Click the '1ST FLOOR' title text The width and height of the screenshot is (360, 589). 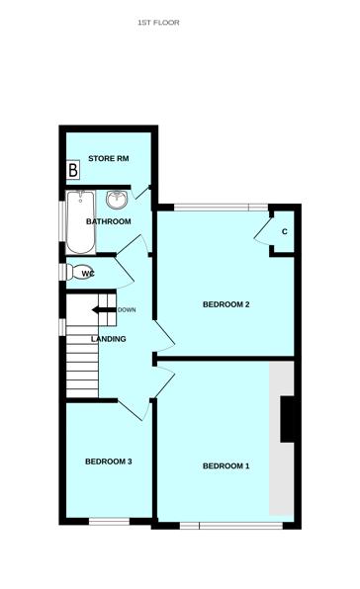(x=158, y=23)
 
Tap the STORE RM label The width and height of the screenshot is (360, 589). (x=109, y=158)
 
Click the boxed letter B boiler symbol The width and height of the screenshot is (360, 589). (x=73, y=170)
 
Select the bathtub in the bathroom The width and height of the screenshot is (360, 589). (x=80, y=222)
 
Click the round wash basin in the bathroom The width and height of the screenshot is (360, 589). (x=118, y=200)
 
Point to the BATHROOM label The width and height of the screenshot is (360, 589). (x=109, y=221)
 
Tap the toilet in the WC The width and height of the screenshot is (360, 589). (x=78, y=272)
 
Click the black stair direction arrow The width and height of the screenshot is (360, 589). (x=104, y=310)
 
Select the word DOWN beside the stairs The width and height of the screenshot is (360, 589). (x=127, y=310)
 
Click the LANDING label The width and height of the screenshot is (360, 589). (x=109, y=339)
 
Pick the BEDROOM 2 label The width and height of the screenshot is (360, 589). (x=226, y=304)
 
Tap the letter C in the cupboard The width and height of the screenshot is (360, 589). (x=285, y=232)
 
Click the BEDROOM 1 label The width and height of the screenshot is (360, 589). (x=225, y=466)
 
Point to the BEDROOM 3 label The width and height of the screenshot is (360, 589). (x=109, y=462)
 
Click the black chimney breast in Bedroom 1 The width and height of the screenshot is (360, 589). (x=288, y=419)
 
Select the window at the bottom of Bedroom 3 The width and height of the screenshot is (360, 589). (x=109, y=522)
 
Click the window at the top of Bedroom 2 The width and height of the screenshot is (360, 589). (x=221, y=207)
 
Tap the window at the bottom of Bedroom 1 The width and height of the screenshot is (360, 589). (x=231, y=526)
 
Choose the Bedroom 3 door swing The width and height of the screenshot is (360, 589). (x=135, y=410)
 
